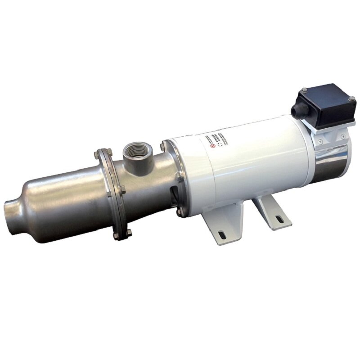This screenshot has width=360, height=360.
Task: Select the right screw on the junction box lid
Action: pyautogui.click(x=351, y=99)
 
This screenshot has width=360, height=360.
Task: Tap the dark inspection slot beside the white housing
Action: pyautogui.click(x=174, y=193)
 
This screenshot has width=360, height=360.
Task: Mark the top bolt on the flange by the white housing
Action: pyautogui.click(x=162, y=147)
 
